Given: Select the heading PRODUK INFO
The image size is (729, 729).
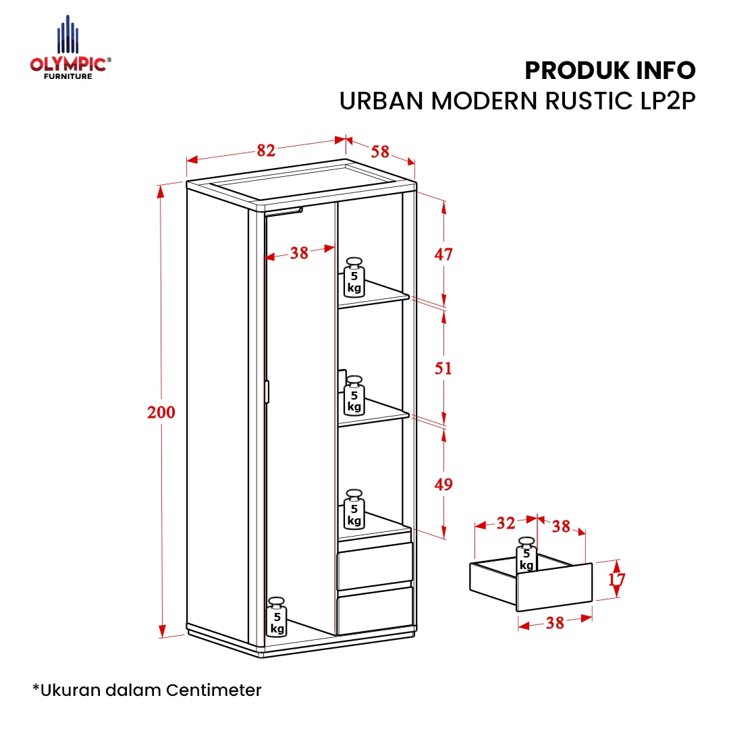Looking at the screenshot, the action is pyautogui.click(x=610, y=71).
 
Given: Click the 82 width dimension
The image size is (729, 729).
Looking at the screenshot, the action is pyautogui.click(x=266, y=150).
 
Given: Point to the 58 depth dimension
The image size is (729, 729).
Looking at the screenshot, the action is pyautogui.click(x=380, y=151).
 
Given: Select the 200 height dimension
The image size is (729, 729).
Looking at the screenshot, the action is pyautogui.click(x=161, y=412).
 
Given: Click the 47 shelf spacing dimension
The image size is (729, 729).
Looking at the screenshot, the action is pyautogui.click(x=443, y=254).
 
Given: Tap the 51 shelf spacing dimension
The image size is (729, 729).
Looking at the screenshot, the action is pyautogui.click(x=443, y=369).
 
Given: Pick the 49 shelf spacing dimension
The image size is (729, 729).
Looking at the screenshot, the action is pyautogui.click(x=443, y=484).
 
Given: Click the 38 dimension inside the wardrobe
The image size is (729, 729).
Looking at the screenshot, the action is pyautogui.click(x=299, y=253).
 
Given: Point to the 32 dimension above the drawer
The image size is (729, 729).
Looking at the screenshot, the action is pyautogui.click(x=506, y=523).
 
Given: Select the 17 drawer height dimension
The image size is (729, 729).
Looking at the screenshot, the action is pyautogui.click(x=617, y=579).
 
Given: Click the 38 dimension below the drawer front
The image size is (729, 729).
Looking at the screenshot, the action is pyautogui.click(x=555, y=622).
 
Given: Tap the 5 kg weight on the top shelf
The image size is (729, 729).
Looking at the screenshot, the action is pyautogui.click(x=354, y=277).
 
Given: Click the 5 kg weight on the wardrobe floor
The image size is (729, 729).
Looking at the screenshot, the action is pyautogui.click(x=277, y=617).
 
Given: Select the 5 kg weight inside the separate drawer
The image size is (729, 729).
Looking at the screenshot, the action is pyautogui.click(x=526, y=555).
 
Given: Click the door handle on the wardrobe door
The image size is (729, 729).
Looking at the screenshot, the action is pyautogui.click(x=267, y=391).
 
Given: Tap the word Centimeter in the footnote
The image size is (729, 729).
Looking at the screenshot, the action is pyautogui.click(x=214, y=690).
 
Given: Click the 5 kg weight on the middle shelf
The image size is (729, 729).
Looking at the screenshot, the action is pyautogui.click(x=354, y=396).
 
